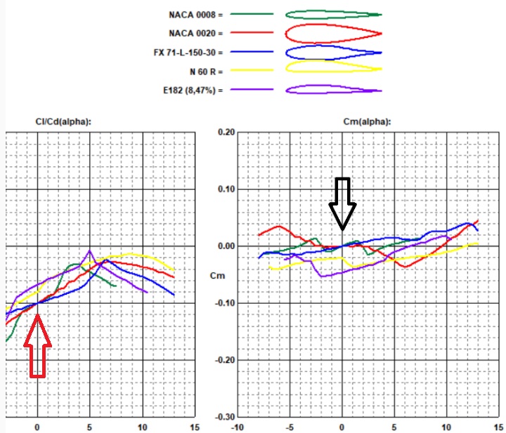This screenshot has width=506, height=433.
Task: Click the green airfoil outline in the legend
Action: tap(333, 14)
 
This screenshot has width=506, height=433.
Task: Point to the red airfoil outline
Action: tap(333, 33)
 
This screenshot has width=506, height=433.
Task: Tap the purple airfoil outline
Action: tap(333, 89)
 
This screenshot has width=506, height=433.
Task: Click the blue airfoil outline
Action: tap(333, 52)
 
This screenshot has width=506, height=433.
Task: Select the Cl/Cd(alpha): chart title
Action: tap(63, 121)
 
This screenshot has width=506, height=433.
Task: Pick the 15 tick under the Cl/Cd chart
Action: tap(195, 426)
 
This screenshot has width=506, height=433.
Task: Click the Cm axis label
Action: tap(219, 276)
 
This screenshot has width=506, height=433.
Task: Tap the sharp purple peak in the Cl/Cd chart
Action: tap(90, 250)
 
